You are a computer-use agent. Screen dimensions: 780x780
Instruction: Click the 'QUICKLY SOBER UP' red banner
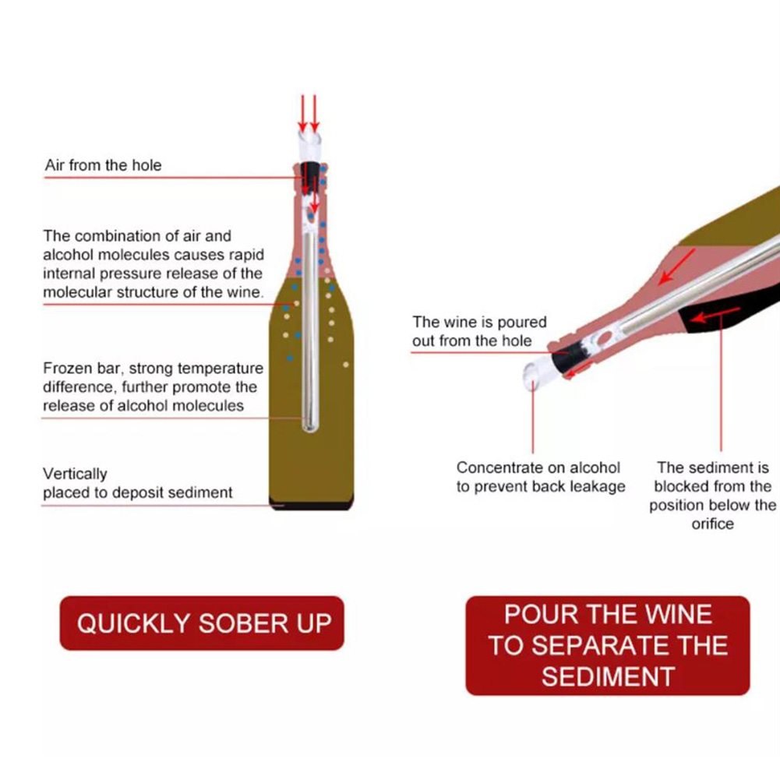202,623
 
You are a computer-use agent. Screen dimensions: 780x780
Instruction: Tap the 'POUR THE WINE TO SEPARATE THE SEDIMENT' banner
607,645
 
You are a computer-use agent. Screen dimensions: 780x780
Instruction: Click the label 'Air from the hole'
103,165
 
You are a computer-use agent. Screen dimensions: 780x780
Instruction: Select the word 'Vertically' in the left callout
75,474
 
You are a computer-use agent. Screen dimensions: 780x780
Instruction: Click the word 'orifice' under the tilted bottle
712,524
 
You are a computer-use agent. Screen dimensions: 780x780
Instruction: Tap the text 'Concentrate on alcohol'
538,468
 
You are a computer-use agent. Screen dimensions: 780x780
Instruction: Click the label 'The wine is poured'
479,322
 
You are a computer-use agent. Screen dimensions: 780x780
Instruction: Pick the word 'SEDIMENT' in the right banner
608,676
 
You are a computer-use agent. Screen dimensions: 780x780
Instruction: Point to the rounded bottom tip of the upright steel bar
310,428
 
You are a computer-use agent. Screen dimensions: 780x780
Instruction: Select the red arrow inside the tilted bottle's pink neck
676,266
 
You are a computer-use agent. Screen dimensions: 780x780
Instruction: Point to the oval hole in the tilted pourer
604,339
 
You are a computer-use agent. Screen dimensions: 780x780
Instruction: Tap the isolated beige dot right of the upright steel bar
346,365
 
